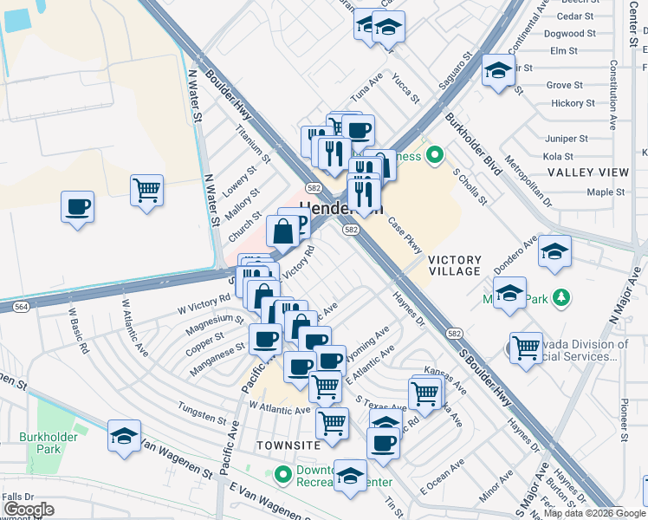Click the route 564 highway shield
coord(22,306)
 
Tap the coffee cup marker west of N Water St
coord(78,207)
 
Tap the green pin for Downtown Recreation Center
coord(282,474)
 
